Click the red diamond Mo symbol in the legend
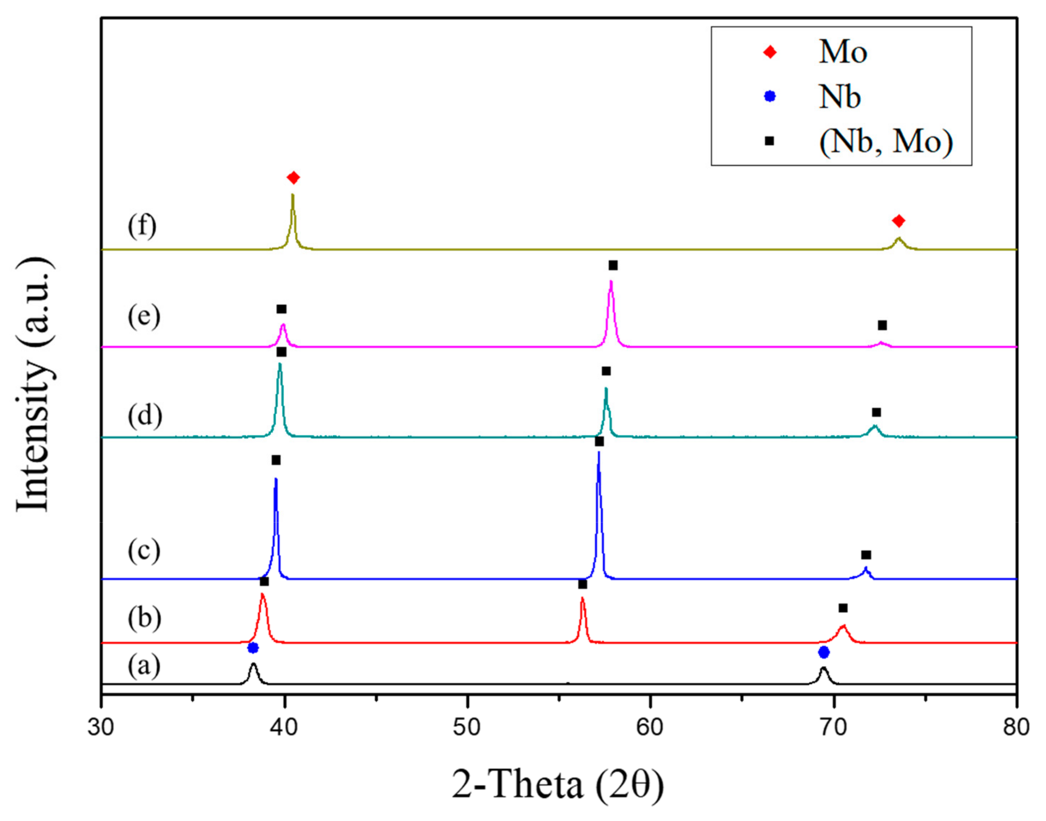[770, 52]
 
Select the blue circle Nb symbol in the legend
[770, 96]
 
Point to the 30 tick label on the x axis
[101, 727]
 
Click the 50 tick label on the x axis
[467, 727]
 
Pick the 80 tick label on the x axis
[1016, 727]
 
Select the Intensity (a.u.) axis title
[34, 385]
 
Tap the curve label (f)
[142, 226]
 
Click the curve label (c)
[144, 550]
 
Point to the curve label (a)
[144, 666]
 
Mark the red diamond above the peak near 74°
[899, 221]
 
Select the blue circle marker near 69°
[824, 652]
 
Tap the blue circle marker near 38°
[253, 648]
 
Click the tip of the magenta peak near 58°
[611, 281]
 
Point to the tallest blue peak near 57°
[598, 453]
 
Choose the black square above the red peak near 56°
[583, 585]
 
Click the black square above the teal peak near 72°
[876, 413]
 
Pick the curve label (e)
[144, 317]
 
